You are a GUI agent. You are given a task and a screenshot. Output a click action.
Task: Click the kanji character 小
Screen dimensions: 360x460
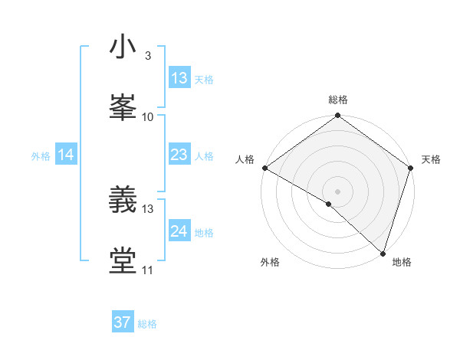click(x=123, y=47)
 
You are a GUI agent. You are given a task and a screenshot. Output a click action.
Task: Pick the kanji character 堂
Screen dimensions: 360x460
click(x=123, y=260)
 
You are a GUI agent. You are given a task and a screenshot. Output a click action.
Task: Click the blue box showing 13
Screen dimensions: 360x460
click(x=179, y=78)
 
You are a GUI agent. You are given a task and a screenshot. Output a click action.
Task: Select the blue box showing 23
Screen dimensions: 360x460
click(x=179, y=155)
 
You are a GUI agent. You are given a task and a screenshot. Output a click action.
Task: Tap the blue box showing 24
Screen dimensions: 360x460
click(x=179, y=231)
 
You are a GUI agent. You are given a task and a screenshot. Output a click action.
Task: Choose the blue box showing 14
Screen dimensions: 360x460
click(x=66, y=155)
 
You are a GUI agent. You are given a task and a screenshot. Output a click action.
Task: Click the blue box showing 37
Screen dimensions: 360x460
click(x=123, y=322)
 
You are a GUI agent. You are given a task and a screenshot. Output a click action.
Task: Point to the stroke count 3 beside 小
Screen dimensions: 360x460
click(x=147, y=56)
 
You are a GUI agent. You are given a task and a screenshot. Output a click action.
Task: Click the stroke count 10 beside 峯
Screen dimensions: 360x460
click(x=148, y=116)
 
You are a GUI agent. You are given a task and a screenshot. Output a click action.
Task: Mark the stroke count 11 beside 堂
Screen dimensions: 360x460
click(x=148, y=270)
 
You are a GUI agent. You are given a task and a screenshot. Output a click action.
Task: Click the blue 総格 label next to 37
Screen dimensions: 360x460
click(x=147, y=324)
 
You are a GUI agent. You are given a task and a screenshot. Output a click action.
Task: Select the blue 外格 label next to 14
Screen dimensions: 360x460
click(x=41, y=155)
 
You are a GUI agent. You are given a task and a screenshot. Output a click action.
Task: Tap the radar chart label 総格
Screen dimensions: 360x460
click(x=337, y=100)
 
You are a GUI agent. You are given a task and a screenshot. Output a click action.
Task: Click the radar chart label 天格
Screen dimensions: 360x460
click(x=431, y=159)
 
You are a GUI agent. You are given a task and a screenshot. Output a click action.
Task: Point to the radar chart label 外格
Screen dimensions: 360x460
click(x=270, y=262)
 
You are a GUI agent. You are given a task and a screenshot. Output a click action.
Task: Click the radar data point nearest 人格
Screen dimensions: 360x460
click(x=264, y=168)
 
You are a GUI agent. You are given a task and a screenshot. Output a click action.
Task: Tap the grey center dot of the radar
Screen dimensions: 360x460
click(x=337, y=191)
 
